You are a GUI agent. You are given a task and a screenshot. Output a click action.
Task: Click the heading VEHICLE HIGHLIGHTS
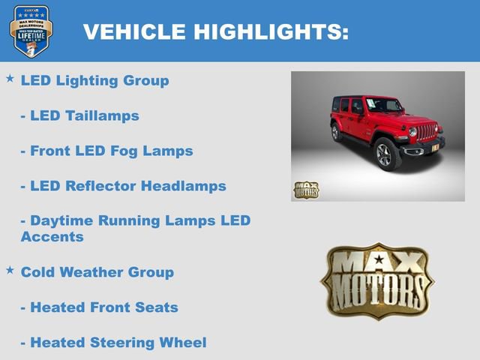(215, 31)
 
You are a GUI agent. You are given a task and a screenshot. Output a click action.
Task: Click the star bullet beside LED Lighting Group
(10, 78)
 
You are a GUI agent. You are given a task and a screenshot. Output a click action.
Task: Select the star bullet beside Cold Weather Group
(10, 269)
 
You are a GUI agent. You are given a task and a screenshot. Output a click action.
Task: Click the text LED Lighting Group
(94, 80)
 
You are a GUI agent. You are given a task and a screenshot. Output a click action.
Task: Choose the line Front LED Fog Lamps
(106, 151)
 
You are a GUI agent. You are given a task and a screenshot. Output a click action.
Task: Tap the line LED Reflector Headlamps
(123, 186)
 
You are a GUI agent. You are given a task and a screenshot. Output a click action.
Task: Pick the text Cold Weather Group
(97, 272)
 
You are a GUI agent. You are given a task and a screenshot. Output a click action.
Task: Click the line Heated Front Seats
(99, 307)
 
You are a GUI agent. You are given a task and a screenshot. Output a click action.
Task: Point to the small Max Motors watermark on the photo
(305, 190)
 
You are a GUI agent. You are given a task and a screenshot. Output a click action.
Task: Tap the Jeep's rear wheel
(335, 132)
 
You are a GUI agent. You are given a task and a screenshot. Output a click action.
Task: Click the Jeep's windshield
(382, 106)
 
